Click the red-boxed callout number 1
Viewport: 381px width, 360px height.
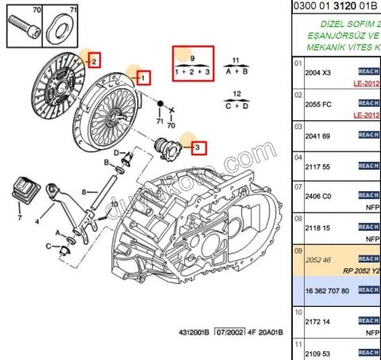144,78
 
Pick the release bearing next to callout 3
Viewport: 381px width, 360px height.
168,147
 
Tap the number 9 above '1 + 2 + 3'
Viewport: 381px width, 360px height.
190,59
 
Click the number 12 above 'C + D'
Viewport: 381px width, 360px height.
236,94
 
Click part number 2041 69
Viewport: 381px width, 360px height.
321,136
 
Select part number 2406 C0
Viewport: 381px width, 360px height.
322,197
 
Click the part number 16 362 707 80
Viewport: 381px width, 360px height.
327,290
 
